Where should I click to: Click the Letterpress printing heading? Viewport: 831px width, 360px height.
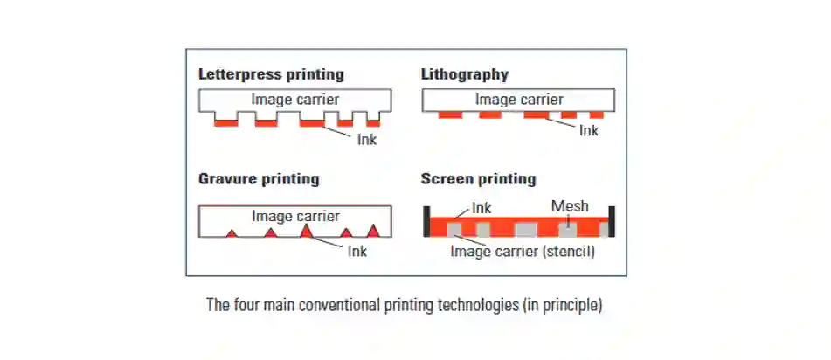pos(271,74)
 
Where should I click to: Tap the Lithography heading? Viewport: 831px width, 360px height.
pos(465,74)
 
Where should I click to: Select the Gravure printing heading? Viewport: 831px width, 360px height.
pos(259,179)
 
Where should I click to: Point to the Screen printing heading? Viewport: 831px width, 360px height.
pos(479,178)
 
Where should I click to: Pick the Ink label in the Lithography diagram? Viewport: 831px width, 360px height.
pos(588,130)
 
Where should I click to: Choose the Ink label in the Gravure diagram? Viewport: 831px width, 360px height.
pos(357,250)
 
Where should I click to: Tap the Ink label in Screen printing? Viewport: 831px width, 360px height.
pos(481,208)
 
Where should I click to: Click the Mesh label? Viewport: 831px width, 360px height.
pos(570,205)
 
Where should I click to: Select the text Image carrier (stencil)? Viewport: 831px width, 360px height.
pos(523,251)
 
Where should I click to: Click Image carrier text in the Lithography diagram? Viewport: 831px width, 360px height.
pos(519,99)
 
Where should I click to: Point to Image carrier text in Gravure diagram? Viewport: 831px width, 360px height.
pos(295,216)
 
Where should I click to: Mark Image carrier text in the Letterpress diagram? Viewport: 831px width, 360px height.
pos(295,99)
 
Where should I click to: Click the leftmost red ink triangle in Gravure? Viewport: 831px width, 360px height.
pos(231,233)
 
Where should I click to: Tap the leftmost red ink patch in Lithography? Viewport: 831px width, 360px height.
pos(451,114)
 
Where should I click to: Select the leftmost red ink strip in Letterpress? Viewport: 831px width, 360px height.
pos(226,123)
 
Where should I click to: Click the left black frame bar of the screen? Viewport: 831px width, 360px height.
pos(426,221)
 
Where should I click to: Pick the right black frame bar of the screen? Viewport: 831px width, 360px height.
pos(613,221)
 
